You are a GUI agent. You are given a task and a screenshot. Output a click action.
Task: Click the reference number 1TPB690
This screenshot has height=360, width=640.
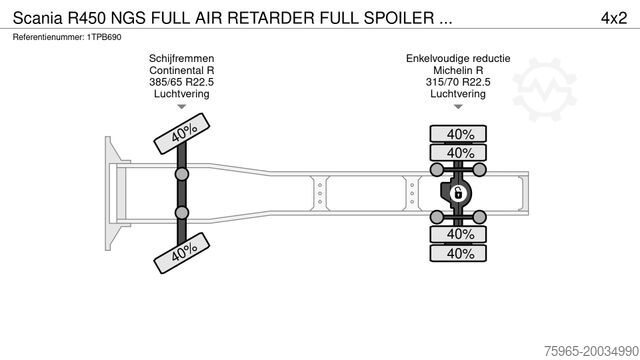point(104,37)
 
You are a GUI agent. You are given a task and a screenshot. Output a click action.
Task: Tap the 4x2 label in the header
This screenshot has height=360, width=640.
point(613,18)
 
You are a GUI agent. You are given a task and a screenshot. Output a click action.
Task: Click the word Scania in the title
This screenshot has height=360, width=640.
point(38,18)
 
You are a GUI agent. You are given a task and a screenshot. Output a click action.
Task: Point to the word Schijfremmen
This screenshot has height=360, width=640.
point(182,58)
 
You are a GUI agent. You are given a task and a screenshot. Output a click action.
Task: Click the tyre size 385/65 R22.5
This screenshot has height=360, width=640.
point(182,82)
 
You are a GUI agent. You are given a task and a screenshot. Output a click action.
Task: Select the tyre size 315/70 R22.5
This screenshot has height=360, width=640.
point(458,82)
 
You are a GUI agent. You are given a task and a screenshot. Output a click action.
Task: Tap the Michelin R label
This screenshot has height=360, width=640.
point(458,70)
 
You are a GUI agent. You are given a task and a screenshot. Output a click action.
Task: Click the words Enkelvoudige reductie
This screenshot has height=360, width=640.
point(458,58)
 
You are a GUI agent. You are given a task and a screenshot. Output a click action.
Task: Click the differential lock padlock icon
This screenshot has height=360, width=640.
point(458,193)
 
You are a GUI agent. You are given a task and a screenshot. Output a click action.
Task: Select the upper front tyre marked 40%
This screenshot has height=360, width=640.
point(182,133)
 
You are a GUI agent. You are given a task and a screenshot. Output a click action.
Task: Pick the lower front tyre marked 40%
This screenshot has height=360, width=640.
point(182,253)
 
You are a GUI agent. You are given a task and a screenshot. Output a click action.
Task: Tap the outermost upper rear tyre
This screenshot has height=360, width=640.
point(458,134)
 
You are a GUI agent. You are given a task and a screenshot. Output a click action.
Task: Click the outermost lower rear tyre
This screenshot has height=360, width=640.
point(458,253)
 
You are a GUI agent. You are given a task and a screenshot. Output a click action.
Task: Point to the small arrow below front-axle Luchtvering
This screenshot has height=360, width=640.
point(182,107)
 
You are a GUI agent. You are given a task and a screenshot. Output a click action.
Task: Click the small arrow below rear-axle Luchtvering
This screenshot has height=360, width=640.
point(458,107)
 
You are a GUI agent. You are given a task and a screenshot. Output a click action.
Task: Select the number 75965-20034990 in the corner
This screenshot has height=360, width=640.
point(591,351)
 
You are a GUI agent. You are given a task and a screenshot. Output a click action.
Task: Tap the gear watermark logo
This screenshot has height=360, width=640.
point(544,89)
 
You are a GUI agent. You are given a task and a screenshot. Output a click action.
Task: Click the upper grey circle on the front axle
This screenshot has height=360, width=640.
point(182,174)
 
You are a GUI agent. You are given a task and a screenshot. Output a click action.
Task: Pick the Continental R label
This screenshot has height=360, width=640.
point(182,70)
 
